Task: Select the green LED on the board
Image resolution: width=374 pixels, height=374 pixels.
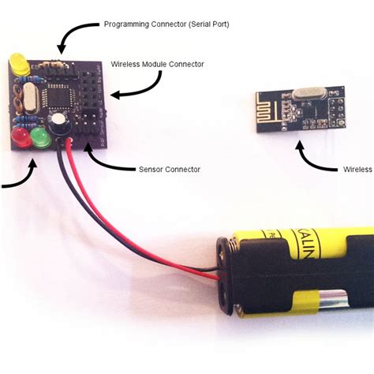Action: (39, 140)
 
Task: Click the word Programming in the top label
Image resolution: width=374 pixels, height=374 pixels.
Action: (127, 24)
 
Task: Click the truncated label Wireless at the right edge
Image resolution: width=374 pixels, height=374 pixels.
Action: (357, 169)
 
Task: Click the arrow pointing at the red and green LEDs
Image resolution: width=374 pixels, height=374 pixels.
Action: (20, 178)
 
